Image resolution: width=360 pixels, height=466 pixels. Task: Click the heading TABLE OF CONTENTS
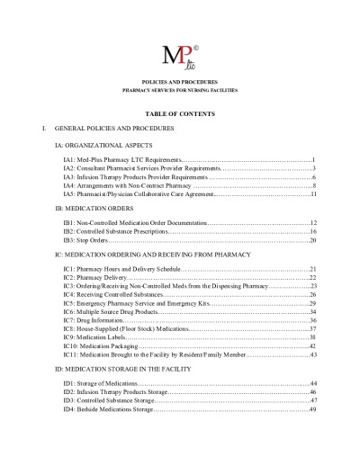coord(180,114)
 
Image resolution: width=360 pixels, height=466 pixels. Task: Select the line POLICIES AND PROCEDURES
coord(180,82)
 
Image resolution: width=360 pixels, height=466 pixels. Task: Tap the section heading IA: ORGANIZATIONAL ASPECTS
coord(103,144)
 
